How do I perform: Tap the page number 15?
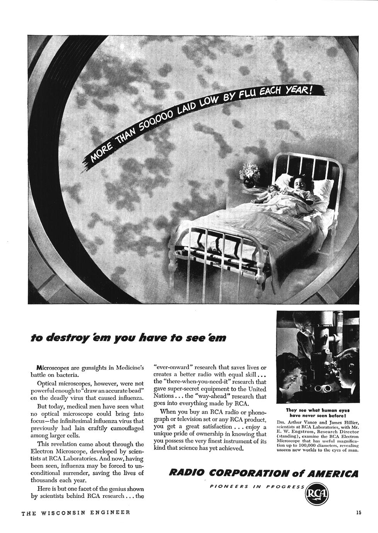[358, 513]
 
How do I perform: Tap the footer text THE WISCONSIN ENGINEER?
[75, 513]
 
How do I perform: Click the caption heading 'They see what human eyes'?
[317, 410]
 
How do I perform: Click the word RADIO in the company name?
[186, 473]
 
